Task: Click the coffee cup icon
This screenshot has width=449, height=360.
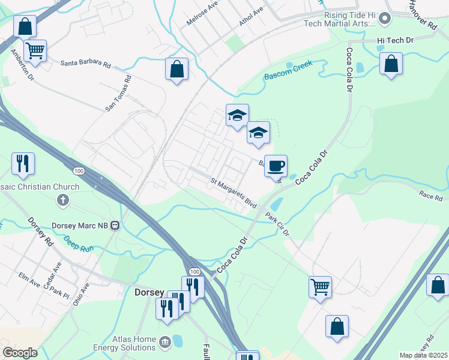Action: [276, 166]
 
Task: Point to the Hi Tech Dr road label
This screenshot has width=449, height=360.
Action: [396, 40]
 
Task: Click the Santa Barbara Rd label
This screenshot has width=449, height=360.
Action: [86, 63]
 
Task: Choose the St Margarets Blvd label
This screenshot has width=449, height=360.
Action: [234, 193]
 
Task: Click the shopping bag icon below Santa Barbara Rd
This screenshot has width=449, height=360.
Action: [177, 69]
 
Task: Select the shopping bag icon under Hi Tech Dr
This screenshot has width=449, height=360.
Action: [391, 64]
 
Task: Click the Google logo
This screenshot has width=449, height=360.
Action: [20, 353]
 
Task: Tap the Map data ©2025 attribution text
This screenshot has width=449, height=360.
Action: [423, 355]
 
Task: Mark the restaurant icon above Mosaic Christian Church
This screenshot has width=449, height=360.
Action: [23, 163]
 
